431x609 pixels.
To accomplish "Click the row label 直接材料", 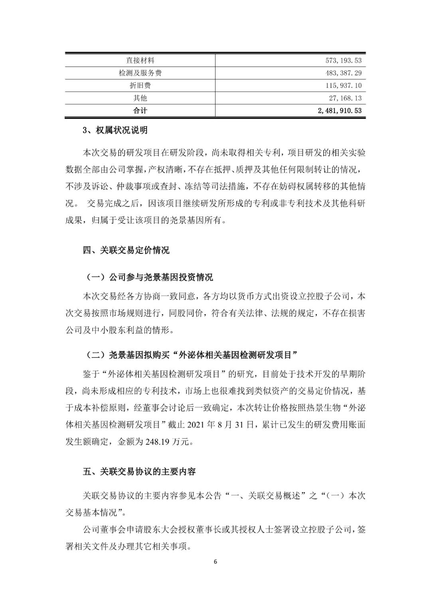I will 140,60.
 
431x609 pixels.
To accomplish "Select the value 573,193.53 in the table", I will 344,60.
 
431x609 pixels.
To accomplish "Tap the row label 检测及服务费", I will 140,73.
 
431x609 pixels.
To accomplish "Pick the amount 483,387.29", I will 344,73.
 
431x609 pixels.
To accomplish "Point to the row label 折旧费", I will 140,85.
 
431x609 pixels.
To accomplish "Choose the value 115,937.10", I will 344,85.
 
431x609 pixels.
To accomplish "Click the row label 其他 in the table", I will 140,98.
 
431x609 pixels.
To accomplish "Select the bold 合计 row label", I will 140,111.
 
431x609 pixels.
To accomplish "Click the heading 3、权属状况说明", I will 115,130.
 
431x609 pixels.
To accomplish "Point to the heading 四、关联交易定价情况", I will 126,250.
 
